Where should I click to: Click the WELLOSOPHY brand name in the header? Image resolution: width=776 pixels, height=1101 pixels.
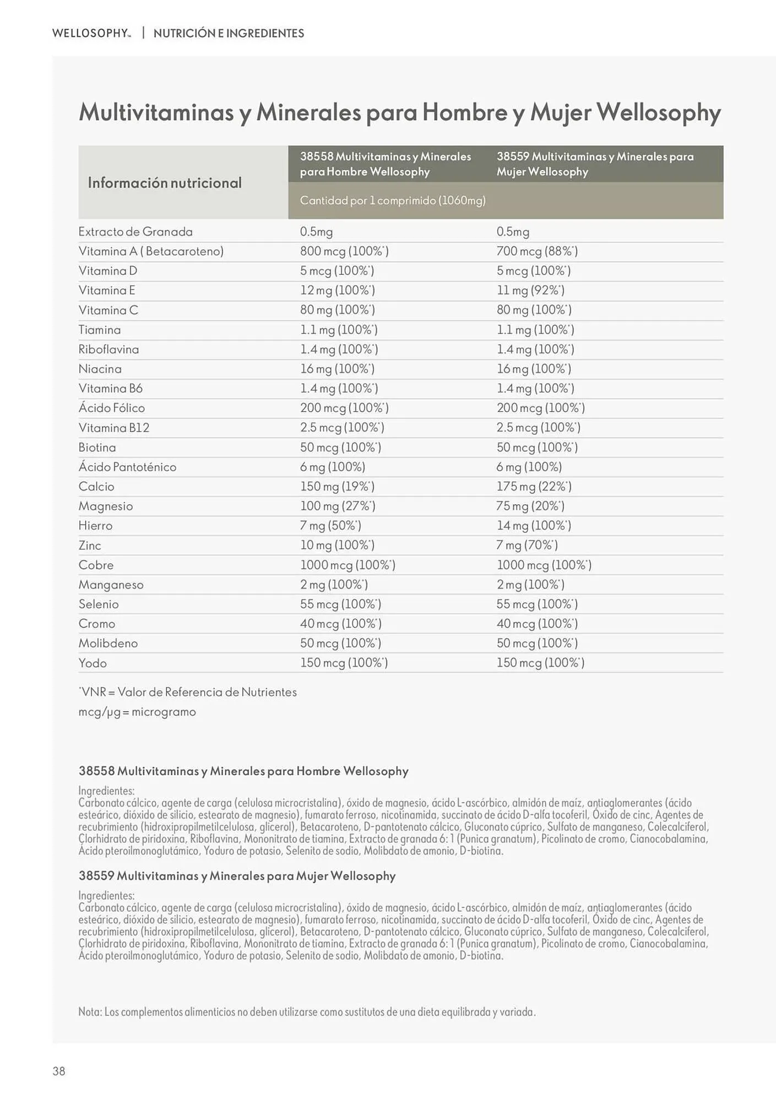pyautogui.click(x=91, y=33)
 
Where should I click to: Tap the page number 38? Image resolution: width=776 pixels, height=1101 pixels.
pyautogui.click(x=59, y=1071)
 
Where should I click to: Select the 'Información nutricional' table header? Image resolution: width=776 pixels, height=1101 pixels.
pyautogui.click(x=165, y=183)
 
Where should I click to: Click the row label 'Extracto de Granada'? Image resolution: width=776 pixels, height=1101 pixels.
pyautogui.click(x=135, y=232)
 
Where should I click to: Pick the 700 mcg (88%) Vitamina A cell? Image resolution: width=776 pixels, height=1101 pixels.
pyautogui.click(x=537, y=252)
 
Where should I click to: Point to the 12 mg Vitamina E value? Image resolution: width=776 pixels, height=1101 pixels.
pyautogui.click(x=338, y=291)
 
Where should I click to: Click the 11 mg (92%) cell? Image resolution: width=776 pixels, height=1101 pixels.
pyautogui.click(x=530, y=291)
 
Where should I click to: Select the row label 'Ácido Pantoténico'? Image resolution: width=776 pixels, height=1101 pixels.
pyautogui.click(x=127, y=467)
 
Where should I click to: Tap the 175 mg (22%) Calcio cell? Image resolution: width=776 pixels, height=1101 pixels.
pyautogui.click(x=534, y=487)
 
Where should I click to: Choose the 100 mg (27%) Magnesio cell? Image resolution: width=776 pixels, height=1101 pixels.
pyautogui.click(x=338, y=506)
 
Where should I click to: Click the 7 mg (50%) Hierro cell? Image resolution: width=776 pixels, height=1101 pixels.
pyautogui.click(x=330, y=526)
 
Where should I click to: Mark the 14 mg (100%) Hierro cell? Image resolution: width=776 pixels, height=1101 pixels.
pyautogui.click(x=534, y=526)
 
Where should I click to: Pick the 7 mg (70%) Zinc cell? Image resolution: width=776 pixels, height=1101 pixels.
pyautogui.click(x=527, y=546)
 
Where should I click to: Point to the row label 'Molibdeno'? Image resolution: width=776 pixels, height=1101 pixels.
pyautogui.click(x=108, y=644)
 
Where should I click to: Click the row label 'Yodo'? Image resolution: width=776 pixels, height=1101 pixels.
pyautogui.click(x=93, y=663)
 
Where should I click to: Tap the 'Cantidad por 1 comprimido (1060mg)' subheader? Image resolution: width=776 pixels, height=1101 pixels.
pyautogui.click(x=393, y=200)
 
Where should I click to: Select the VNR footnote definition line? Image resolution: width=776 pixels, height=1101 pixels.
pyautogui.click(x=188, y=693)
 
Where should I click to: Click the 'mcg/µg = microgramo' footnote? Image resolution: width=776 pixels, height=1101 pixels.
pyautogui.click(x=137, y=712)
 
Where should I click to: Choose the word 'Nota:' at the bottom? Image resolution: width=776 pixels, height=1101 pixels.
pyautogui.click(x=90, y=1012)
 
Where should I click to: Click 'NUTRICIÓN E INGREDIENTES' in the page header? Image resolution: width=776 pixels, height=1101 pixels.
pyautogui.click(x=229, y=33)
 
